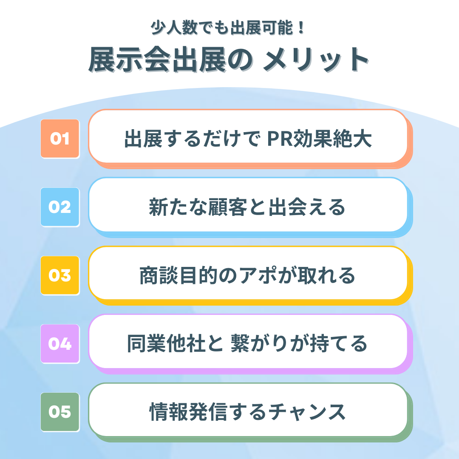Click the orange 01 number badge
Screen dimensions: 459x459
point(60,139)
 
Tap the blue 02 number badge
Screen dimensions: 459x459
point(60,207)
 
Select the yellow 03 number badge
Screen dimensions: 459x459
point(60,275)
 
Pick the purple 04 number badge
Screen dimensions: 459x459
point(60,343)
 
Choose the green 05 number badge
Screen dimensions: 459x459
point(60,412)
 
